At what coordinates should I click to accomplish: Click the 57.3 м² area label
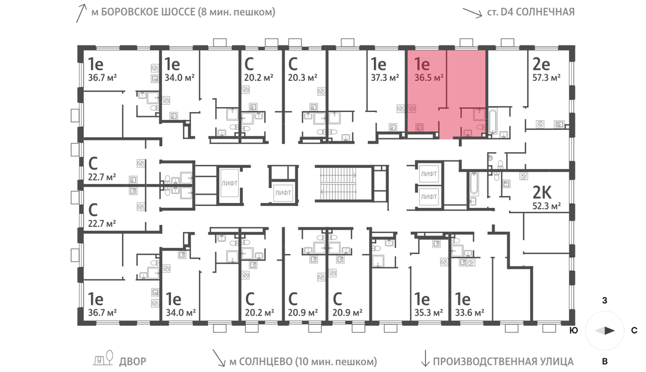547,78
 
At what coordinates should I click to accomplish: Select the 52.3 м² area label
547,206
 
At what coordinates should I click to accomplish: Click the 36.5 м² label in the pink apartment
429,78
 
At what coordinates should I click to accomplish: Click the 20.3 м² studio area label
303,78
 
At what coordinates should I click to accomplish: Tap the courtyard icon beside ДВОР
105,358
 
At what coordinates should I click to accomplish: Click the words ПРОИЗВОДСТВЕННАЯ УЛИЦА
503,361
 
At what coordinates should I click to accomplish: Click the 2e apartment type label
541,63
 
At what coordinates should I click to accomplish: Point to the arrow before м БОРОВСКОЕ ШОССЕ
78,13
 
